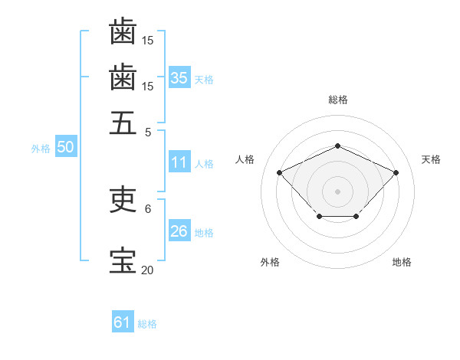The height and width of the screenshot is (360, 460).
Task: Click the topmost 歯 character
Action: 123,31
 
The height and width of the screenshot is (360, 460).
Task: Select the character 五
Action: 123,123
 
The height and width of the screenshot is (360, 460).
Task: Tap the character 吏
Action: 123,201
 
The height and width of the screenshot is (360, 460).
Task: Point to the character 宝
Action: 123,261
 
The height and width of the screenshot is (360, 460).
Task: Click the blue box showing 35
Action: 179,77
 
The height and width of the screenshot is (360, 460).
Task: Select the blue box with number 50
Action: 65,147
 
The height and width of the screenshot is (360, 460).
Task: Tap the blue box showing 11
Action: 179,162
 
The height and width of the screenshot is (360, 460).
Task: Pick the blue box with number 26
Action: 179,231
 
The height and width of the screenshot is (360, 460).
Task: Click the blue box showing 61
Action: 123,322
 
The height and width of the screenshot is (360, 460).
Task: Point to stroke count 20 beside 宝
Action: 147,270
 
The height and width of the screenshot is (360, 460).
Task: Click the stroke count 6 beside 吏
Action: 147,208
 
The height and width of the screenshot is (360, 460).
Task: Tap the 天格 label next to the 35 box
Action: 204,80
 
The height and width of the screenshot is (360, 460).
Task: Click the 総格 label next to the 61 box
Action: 147,325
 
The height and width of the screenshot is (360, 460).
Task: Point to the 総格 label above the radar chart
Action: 337,100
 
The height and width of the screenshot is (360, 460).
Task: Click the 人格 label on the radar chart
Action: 245,159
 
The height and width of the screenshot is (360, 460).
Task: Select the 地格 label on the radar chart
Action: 402,263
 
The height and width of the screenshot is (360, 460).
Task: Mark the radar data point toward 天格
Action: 396,172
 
